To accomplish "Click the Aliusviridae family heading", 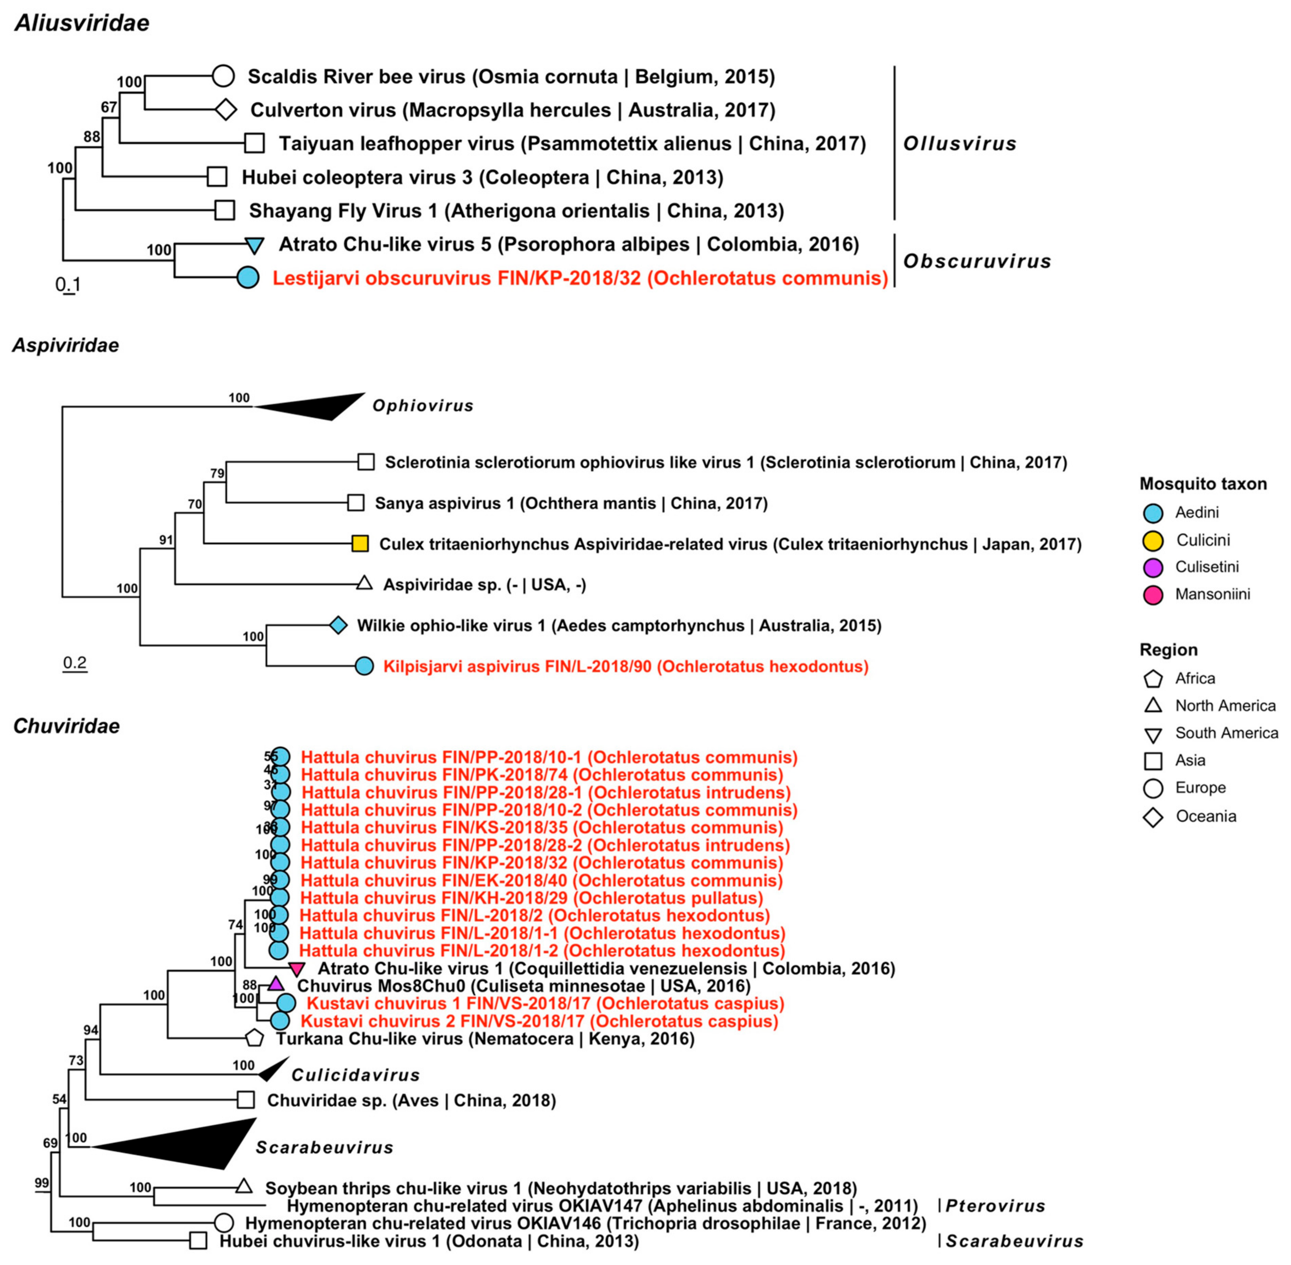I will [82, 23].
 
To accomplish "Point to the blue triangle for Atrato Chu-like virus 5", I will [254, 245].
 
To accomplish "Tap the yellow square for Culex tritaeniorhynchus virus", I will [360, 544].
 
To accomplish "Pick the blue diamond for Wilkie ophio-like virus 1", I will [339, 625].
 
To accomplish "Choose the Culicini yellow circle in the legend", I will [1153, 540].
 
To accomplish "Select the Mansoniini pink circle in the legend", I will [1153, 595].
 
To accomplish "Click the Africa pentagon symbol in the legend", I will [1153, 679].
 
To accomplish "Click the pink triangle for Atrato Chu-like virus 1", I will [296, 969].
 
